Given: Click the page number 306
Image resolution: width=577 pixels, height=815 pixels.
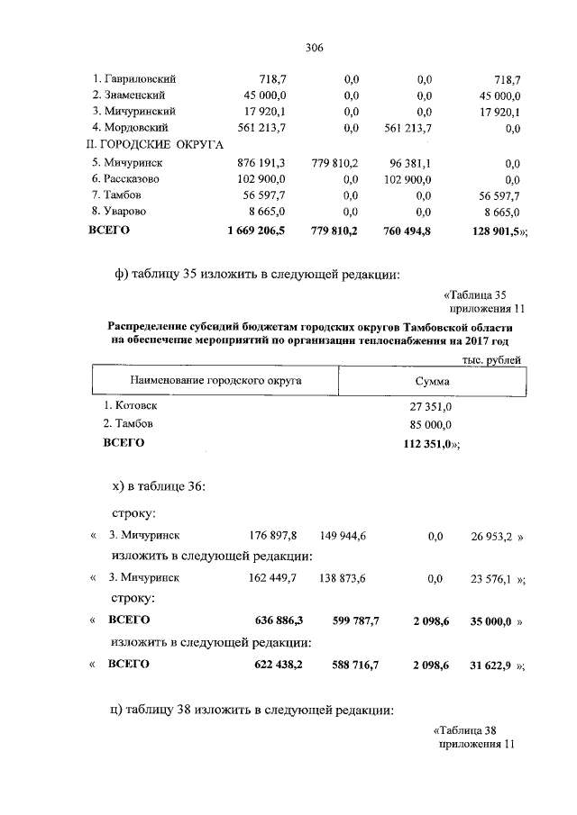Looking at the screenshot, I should coord(314,48).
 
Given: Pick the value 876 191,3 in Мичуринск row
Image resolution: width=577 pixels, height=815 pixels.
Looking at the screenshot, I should coord(260,163).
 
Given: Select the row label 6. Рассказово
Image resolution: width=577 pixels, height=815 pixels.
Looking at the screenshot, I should coord(131,179).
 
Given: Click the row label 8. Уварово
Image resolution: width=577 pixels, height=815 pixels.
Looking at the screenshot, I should coord(124,212).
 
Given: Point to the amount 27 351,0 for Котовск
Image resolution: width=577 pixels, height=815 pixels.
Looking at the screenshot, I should coord(432,407).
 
